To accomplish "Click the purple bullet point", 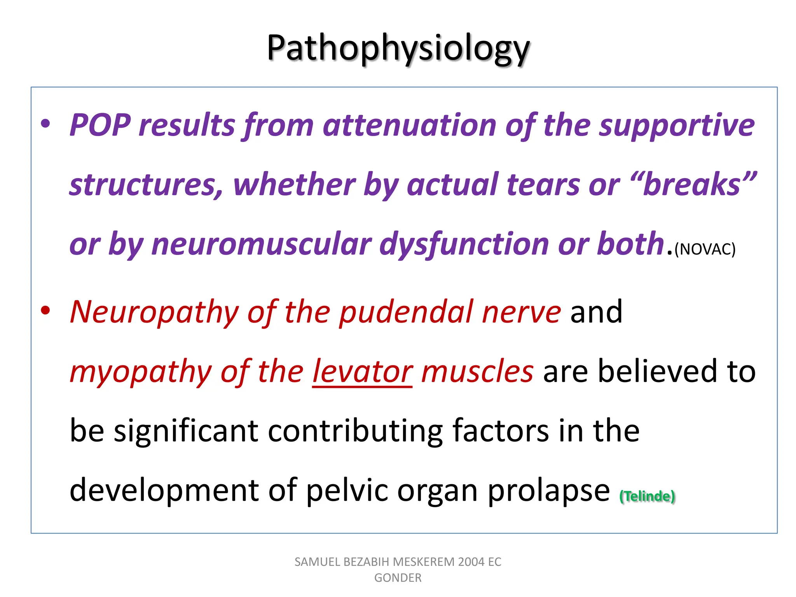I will [45, 124].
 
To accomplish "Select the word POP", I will [100, 125].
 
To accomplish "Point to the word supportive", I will [676, 125].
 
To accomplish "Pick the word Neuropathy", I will [154, 312].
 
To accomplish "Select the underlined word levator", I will [362, 372].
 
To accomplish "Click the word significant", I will [186, 431].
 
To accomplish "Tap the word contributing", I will [355, 431].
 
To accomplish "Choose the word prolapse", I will [548, 491].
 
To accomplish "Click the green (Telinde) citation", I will [647, 496].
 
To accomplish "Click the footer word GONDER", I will [398, 578].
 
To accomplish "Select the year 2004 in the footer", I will [471, 562].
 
